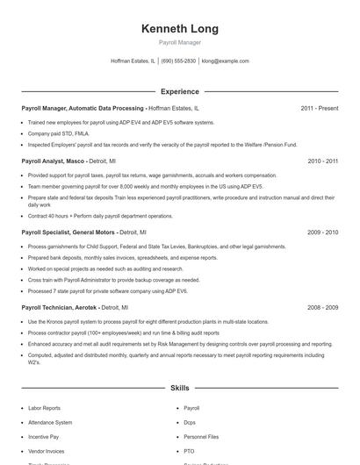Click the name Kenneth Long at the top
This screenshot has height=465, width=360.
tap(180, 29)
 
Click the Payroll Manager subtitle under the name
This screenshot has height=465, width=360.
tap(180, 43)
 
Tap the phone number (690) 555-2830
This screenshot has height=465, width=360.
tap(178, 61)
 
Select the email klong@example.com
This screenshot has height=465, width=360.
tap(226, 61)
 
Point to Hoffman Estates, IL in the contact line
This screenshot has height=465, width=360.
tap(133, 61)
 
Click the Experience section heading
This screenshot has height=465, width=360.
tap(180, 91)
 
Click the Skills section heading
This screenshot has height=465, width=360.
tap(180, 387)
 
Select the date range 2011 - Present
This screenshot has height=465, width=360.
tap(319, 109)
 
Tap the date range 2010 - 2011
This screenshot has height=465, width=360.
tap(322, 161)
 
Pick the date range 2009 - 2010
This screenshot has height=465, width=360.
tap(322, 232)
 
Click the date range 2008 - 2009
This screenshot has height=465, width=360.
tap(322, 308)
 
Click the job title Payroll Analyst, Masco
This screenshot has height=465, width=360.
tap(56, 161)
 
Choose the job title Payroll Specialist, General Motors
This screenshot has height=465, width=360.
tap(68, 232)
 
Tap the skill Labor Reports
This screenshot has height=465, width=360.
tap(45, 408)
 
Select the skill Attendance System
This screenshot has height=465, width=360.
tap(50, 422)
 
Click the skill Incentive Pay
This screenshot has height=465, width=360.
tap(44, 436)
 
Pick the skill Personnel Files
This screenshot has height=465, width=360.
tap(202, 436)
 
